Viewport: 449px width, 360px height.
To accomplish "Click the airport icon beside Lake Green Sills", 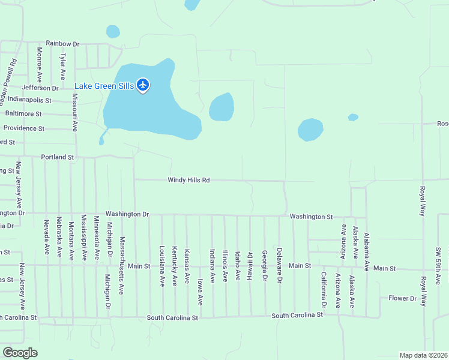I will [x=143, y=85].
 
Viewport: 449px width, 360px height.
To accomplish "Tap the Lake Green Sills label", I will [x=104, y=86].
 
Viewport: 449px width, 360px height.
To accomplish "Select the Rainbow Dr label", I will [x=62, y=44].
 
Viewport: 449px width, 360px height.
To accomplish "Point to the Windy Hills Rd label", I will [x=188, y=180].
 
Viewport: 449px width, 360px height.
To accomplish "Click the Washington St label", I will [x=311, y=217].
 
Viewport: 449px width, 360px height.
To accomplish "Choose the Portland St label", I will [x=57, y=157].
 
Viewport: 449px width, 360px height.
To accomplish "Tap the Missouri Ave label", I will [x=75, y=113].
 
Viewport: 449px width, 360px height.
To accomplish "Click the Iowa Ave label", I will [x=200, y=292].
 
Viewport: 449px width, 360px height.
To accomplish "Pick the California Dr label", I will [x=323, y=290].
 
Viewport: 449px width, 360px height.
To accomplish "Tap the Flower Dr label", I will [x=402, y=298].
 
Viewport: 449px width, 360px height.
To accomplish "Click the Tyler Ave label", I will [x=62, y=66].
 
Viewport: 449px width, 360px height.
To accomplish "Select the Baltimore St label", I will [x=23, y=113].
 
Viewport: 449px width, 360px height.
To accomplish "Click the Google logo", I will [x=20, y=353].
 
